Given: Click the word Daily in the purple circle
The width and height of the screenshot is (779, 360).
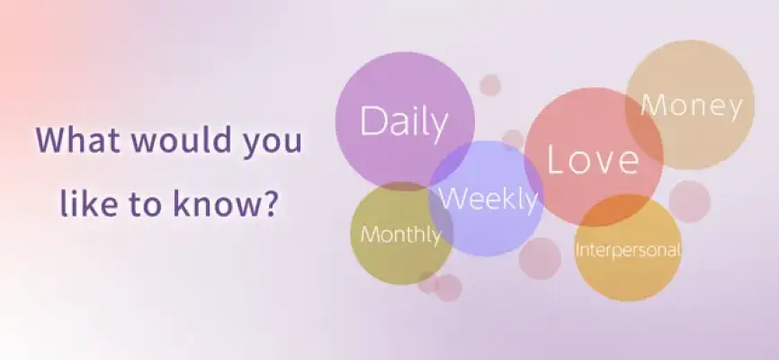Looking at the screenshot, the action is point(404,121).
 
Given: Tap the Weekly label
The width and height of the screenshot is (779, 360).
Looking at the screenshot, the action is point(488,200).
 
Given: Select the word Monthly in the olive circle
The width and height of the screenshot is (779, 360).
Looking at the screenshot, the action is point(400,234).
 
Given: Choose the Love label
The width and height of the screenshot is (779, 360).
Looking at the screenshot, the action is point(593,160).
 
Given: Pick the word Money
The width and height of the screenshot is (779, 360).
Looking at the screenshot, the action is point(692,106).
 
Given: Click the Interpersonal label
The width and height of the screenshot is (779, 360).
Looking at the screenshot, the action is point(628,249).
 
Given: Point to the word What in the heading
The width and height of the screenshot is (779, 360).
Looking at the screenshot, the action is point(78,139).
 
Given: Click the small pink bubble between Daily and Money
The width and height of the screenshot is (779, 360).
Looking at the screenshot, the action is point(490,85).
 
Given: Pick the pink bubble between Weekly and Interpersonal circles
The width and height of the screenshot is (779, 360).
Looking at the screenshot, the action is point(540,258).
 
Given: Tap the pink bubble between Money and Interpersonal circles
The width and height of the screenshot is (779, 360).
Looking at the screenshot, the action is point(690,202).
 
